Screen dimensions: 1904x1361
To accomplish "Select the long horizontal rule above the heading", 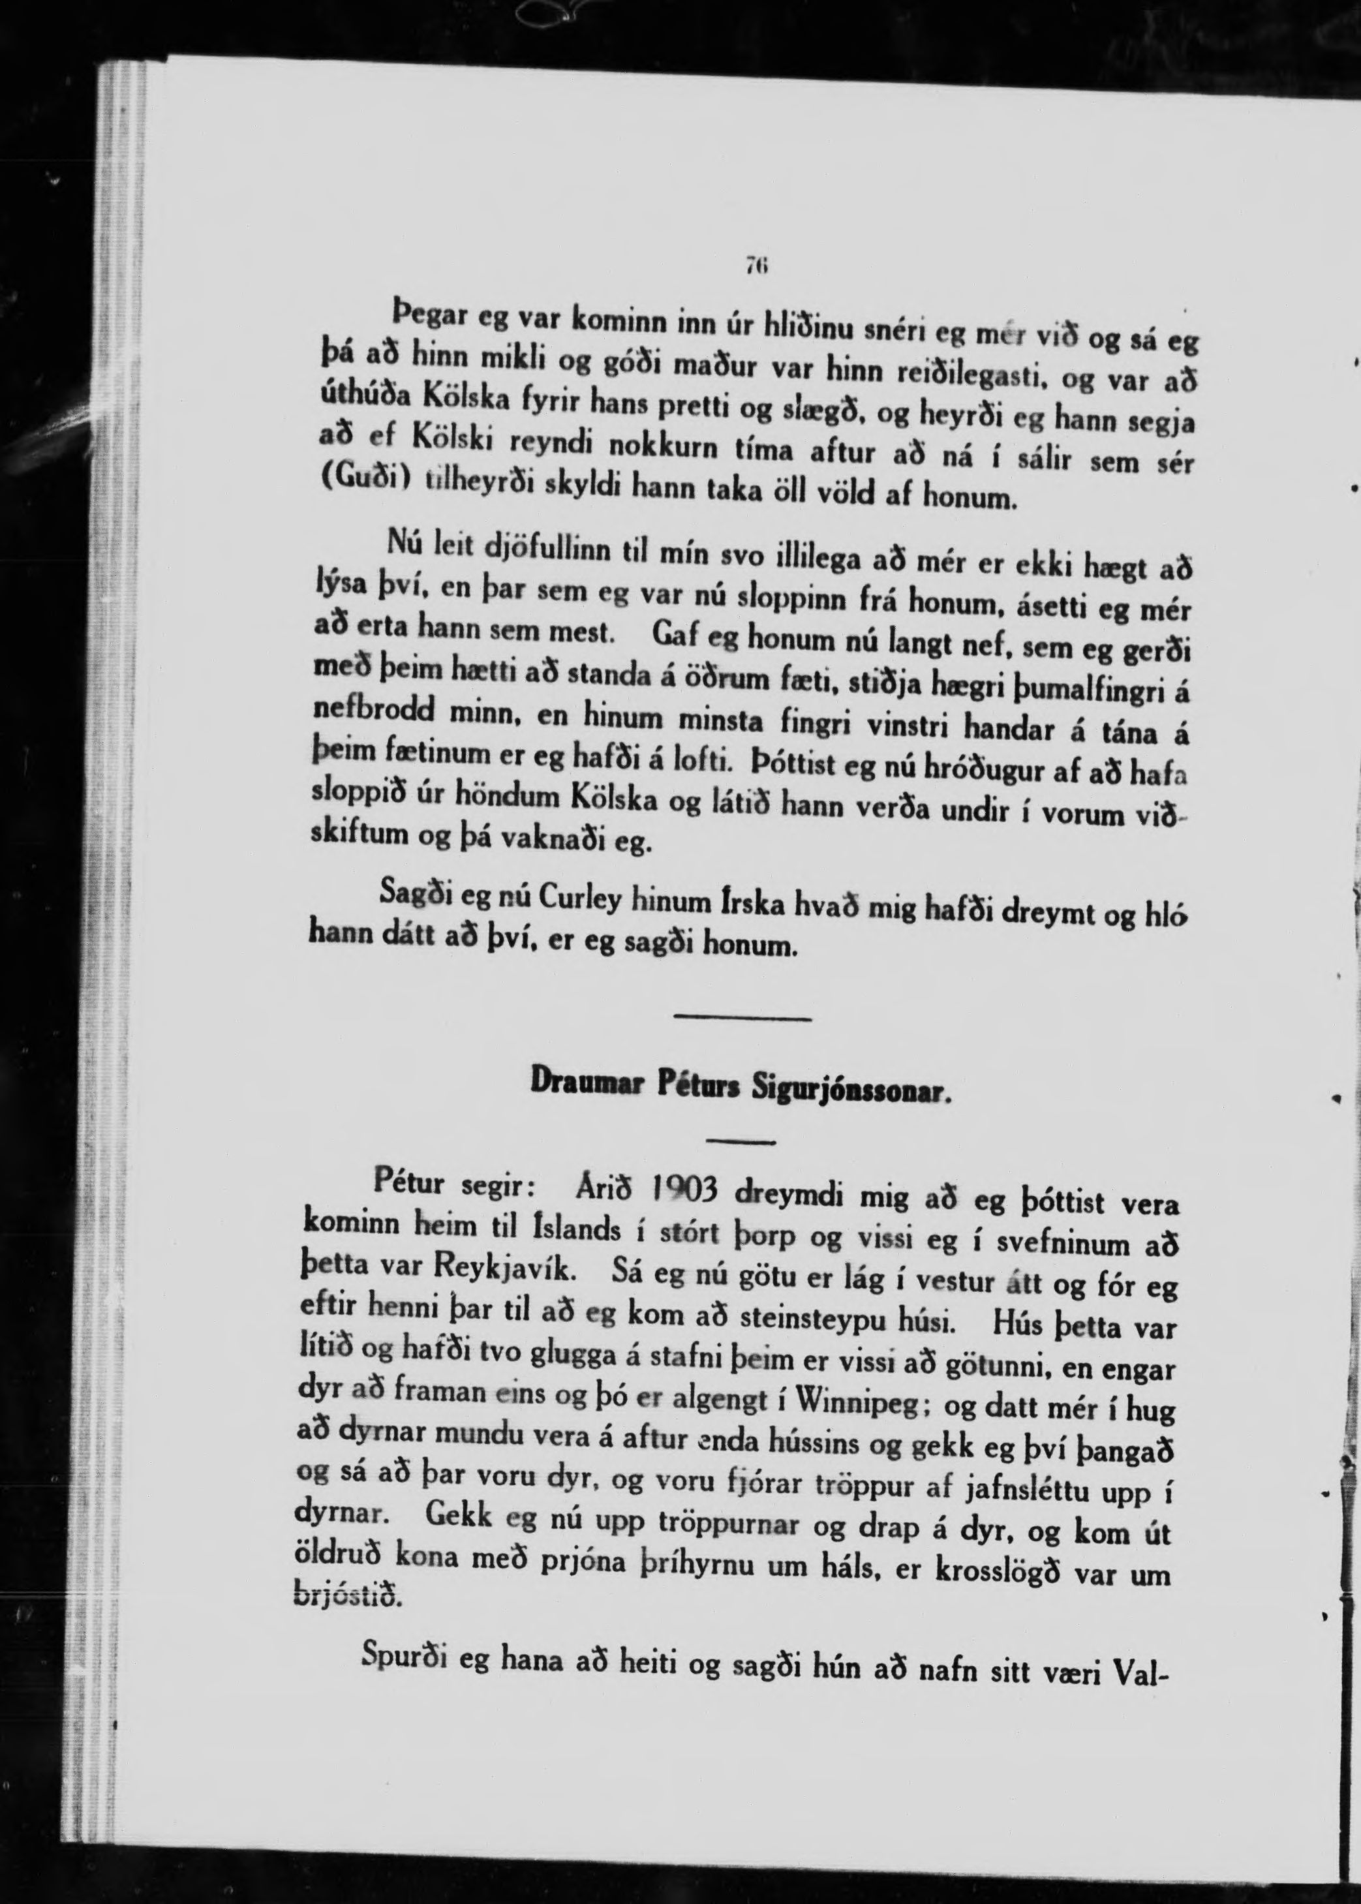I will [x=743, y=1018].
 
